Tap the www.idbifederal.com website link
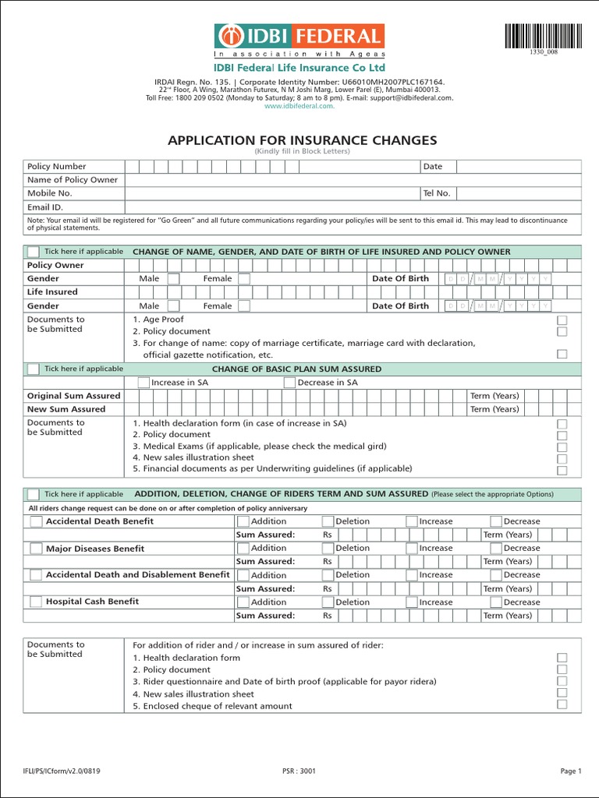(299, 107)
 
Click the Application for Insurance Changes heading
(303, 140)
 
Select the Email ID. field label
(45, 207)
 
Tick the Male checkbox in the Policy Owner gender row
(173, 279)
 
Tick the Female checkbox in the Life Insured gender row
(244, 306)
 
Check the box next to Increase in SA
(143, 383)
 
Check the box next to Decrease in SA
(289, 383)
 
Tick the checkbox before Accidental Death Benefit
(36, 521)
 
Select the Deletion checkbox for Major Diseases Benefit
(328, 549)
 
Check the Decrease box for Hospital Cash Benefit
(496, 602)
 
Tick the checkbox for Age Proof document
(562, 320)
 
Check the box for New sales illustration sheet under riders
(562, 693)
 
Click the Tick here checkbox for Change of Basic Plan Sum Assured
(33, 369)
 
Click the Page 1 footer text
(570, 772)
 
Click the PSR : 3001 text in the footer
(299, 772)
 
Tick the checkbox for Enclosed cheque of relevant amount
(562, 704)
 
